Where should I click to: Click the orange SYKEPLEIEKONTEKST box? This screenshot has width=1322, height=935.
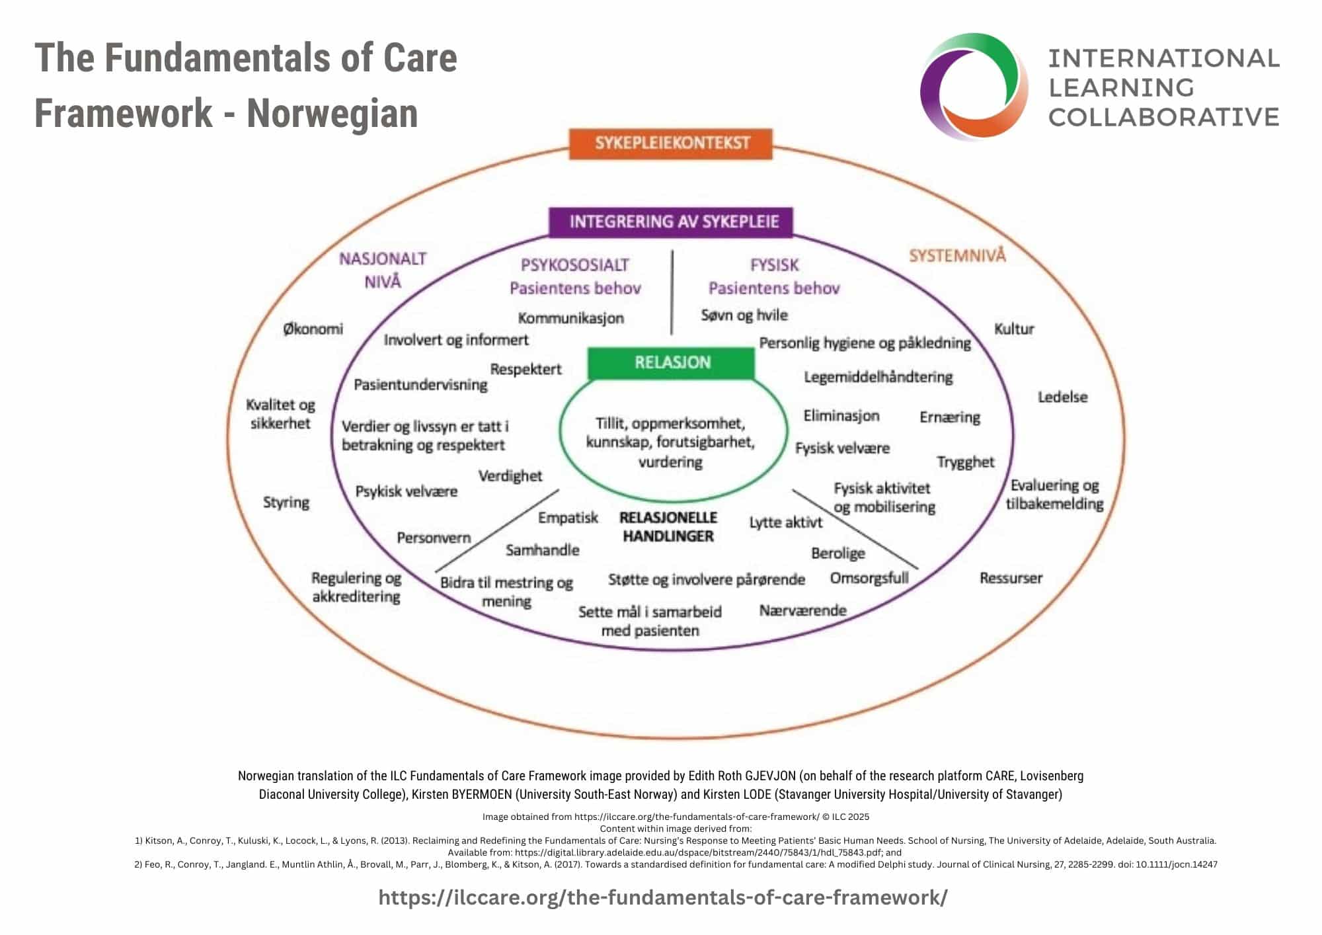click(x=671, y=143)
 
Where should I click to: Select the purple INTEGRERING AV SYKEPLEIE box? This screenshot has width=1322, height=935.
click(x=671, y=222)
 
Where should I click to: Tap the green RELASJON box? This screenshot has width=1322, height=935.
click(x=672, y=362)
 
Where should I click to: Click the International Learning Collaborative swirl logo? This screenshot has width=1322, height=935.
click(x=974, y=87)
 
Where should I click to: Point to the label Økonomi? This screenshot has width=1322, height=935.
click(x=313, y=329)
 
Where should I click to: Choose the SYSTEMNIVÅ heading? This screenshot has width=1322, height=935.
click(x=957, y=256)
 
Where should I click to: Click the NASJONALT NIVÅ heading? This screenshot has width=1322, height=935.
click(x=383, y=270)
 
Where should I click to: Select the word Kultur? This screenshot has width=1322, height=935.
click(x=1013, y=329)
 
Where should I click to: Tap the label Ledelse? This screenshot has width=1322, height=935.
click(x=1062, y=397)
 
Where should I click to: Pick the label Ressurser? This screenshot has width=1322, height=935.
click(x=1011, y=578)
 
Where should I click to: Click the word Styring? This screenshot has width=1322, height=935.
click(x=286, y=503)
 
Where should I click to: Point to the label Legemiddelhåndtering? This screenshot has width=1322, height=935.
click(x=878, y=377)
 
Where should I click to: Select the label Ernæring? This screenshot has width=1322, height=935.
click(x=950, y=417)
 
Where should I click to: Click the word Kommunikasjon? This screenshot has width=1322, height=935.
click(x=570, y=318)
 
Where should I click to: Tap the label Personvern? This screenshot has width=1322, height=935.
click(x=434, y=538)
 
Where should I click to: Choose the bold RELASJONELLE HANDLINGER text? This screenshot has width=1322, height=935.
click(x=668, y=527)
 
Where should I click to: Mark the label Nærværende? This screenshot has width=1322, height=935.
click(x=802, y=610)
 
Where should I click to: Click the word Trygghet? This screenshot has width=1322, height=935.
click(x=965, y=462)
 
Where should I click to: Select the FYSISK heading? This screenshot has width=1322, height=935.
click(x=774, y=265)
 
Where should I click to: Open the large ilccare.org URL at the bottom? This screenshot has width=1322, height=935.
click(x=662, y=897)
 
